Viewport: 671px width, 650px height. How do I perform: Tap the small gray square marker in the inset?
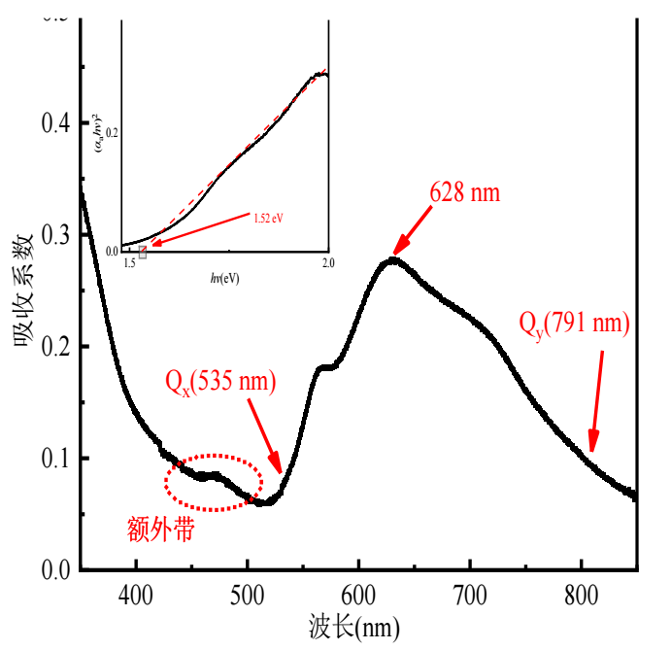click(143, 253)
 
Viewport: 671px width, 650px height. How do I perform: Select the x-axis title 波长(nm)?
click(353, 627)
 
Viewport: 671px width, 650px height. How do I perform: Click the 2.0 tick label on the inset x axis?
click(327, 263)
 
